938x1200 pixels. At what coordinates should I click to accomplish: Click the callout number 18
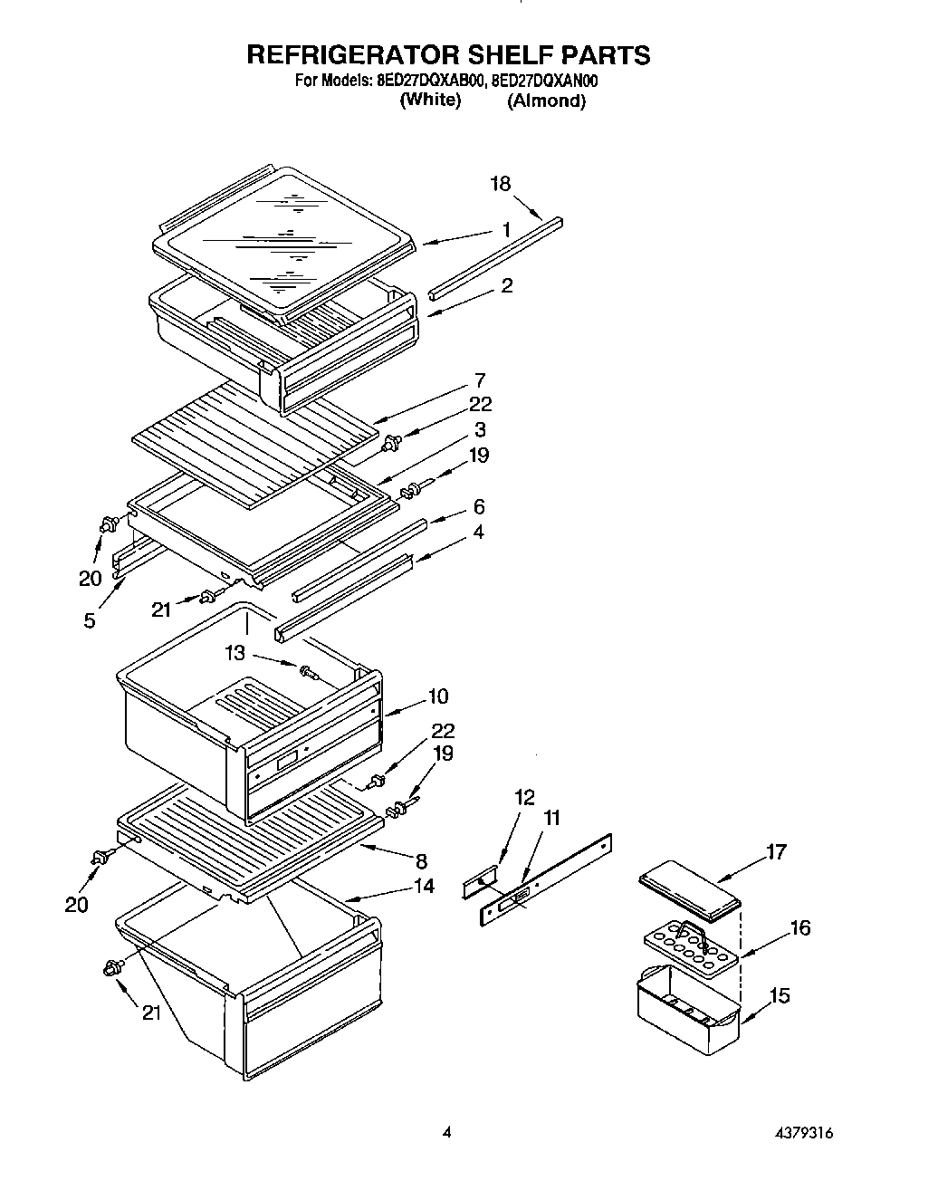click(500, 184)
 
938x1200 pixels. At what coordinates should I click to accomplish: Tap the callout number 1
click(506, 230)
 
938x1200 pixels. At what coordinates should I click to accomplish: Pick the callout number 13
click(235, 652)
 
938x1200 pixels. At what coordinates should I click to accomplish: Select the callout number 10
click(438, 696)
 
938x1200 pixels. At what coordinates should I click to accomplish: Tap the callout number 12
click(525, 798)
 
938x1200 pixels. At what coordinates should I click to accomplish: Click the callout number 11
click(550, 818)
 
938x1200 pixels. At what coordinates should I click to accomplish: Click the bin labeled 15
click(688, 1010)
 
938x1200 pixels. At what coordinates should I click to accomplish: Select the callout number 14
click(424, 886)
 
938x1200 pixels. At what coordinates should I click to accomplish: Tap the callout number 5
click(90, 622)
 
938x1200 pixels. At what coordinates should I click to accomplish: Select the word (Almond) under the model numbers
click(546, 101)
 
